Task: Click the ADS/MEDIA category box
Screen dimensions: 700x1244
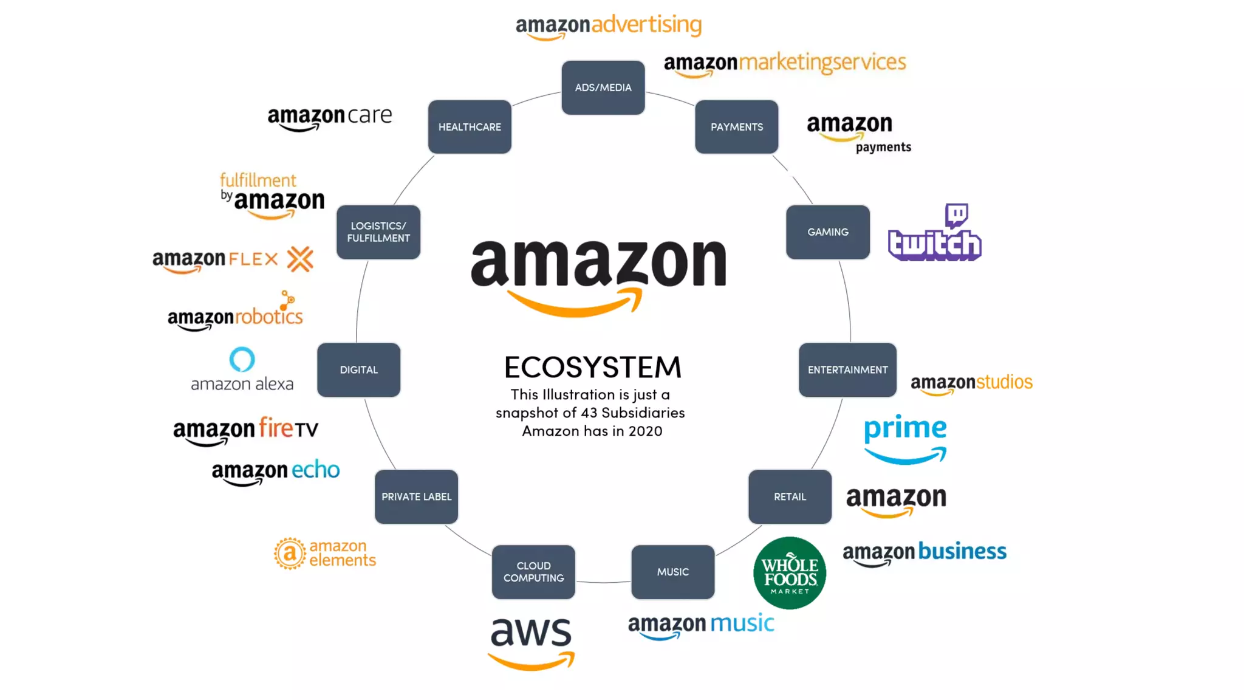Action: tap(603, 87)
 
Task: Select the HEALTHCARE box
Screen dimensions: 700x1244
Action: tap(470, 127)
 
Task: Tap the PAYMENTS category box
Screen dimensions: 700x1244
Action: tap(736, 127)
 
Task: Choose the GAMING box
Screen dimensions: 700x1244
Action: tap(827, 232)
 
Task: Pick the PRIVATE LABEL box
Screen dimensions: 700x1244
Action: tap(416, 496)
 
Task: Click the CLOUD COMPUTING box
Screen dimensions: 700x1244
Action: tap(533, 572)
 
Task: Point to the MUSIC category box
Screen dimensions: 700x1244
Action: tap(672, 572)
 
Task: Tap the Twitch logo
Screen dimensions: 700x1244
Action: tap(934, 234)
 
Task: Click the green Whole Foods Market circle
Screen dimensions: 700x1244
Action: tap(789, 572)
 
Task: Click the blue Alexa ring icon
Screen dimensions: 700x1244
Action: tap(242, 359)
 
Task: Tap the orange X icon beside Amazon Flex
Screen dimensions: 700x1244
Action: tap(300, 259)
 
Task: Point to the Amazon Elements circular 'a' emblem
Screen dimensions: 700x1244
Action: tap(289, 553)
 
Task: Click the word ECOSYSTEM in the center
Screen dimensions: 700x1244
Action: tap(592, 367)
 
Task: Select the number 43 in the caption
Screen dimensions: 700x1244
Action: tap(589, 413)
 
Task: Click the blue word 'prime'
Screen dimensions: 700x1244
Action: tap(905, 428)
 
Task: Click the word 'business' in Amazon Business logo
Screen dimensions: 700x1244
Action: tap(962, 551)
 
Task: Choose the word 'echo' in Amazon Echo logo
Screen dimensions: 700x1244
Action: tap(315, 470)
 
